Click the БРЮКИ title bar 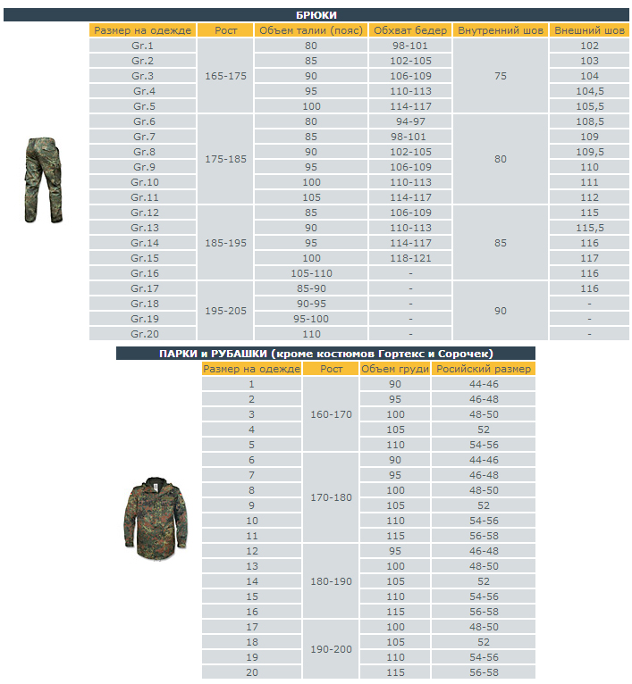316,15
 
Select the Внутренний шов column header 501,30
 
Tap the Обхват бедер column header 410,30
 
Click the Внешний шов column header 589,30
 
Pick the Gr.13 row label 144,228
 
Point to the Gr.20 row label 144,333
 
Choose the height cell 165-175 225,76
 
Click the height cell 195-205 225,311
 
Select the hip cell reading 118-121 410,258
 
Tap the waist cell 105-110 310,273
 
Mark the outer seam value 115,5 589,228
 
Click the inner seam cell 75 501,76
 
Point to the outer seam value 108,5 589,121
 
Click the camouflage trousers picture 43,179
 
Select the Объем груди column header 395,369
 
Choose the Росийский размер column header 484,369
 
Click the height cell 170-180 331,497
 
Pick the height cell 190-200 331,649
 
